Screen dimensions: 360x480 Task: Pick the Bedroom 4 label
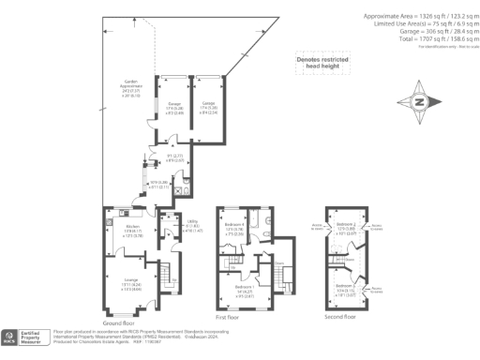point(235,228)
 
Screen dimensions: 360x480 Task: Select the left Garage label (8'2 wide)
point(174,106)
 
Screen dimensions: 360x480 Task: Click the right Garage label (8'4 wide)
point(209,106)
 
